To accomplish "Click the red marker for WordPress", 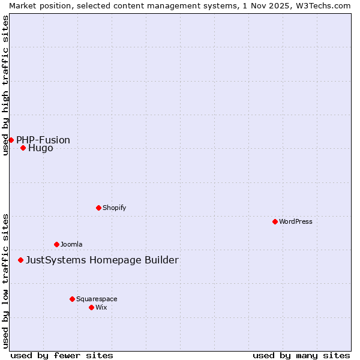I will click(275, 221).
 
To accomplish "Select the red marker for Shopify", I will click(98, 208).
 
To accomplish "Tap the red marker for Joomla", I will click(56, 244).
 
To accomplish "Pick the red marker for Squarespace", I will click(72, 299).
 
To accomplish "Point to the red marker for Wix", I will click(91, 307).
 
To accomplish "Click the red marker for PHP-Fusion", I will click(11, 140).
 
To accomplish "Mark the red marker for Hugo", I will click(23, 148).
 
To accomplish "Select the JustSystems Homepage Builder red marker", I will click(20, 260).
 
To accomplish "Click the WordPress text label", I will click(296, 221).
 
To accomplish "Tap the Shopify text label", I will click(114, 208).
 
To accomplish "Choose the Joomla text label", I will click(71, 244).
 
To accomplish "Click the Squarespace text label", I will click(97, 299).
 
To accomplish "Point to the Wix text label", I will click(101, 307).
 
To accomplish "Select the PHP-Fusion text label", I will click(43, 140).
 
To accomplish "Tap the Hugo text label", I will click(41, 148).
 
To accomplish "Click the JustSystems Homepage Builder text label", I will click(102, 260).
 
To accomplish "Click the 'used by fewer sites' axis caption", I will click(62, 355).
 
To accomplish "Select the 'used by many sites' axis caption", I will click(301, 355).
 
